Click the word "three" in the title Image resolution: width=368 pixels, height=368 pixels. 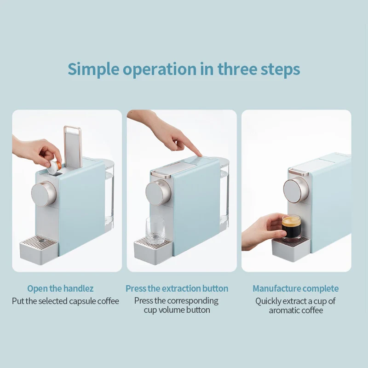pos(237,69)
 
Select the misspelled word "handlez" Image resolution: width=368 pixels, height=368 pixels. pos(78,288)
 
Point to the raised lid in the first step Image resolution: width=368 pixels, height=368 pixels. pos(73,147)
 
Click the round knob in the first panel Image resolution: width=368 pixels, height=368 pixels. pos(44,194)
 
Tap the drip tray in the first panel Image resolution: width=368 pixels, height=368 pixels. pos(39,249)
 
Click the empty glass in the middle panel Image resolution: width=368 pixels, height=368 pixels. pos(155,230)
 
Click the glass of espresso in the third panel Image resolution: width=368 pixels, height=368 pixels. pos(291,228)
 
